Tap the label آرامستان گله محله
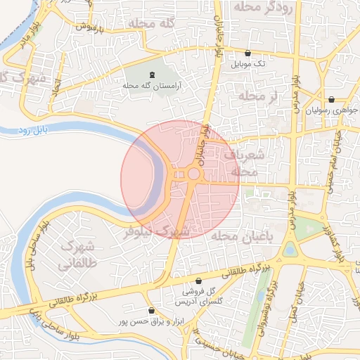(x=153, y=85)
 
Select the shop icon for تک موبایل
(x=247, y=53)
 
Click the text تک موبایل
(x=251, y=63)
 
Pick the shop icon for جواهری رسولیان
(x=330, y=100)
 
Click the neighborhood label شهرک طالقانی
(x=77, y=256)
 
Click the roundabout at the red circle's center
(x=193, y=174)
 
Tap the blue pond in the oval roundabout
(x=289, y=250)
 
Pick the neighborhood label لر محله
(x=258, y=95)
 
